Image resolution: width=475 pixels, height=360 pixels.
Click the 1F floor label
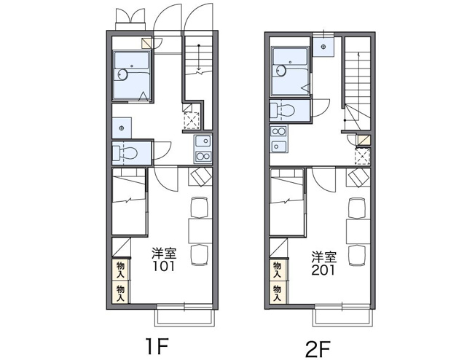click(157, 346)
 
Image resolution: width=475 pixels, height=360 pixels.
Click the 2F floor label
click(318, 349)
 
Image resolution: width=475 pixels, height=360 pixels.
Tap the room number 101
click(164, 266)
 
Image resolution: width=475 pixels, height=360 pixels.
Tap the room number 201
click(323, 270)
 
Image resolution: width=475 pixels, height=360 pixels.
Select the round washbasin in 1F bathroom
click(123, 74)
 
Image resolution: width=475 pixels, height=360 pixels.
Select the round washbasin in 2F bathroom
click(281, 71)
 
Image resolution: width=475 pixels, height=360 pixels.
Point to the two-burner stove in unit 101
click(203, 157)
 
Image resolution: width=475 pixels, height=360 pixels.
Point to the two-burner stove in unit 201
click(279, 131)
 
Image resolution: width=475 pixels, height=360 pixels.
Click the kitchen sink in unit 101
click(203, 141)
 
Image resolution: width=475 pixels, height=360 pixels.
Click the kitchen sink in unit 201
click(279, 146)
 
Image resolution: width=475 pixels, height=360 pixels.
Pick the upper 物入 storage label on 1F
click(120, 270)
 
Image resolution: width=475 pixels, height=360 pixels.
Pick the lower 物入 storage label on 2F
click(277, 293)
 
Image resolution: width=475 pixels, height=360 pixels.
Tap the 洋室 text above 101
click(164, 253)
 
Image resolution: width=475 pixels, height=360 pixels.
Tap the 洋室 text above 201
click(324, 257)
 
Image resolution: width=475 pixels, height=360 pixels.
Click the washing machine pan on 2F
click(323, 47)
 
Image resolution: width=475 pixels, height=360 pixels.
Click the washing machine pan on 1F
click(122, 128)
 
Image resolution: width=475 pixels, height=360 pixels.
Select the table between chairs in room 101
click(200, 230)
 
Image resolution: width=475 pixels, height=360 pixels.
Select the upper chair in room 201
click(357, 208)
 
